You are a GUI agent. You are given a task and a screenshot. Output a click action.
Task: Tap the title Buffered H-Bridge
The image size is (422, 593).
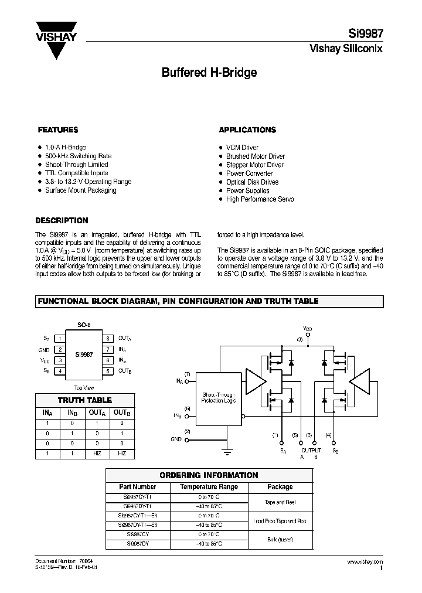coord(209,73)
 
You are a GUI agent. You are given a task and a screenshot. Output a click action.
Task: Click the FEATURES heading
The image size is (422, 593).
coord(58,130)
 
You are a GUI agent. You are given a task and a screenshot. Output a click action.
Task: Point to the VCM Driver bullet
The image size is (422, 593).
coord(242,148)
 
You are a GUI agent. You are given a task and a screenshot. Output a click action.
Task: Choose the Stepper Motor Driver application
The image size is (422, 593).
coord(256,165)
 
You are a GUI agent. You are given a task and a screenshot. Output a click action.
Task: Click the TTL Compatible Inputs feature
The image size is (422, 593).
coord(76,173)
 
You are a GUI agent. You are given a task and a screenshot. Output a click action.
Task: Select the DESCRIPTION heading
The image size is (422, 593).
coord(62,221)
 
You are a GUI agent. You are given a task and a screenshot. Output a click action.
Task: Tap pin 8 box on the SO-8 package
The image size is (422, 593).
coord(108,339)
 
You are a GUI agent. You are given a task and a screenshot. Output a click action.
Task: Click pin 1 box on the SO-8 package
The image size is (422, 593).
coord(59,339)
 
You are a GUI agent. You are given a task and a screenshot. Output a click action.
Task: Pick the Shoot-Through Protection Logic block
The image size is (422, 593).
coord(219,398)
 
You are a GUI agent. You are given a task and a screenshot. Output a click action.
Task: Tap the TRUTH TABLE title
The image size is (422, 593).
coord(87,401)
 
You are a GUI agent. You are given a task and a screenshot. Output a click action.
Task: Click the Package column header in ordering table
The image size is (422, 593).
coord(280,487)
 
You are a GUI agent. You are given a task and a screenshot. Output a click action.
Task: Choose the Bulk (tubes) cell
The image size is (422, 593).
coord(280,540)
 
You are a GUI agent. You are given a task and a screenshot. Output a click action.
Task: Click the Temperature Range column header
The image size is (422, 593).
coord(209,487)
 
